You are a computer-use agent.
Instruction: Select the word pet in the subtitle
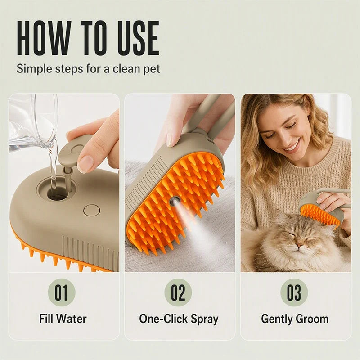[x=152, y=69]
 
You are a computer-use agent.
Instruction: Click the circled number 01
[x=62, y=292]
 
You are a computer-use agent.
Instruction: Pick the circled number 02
[x=178, y=292]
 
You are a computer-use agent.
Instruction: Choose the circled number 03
[x=294, y=292]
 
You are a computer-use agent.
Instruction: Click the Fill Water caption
[x=63, y=319]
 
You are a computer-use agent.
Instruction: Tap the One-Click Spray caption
[x=179, y=319]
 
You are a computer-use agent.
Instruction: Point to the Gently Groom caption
[x=295, y=319]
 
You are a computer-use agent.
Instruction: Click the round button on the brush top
[x=91, y=210]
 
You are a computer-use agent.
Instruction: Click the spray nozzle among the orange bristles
[x=174, y=201]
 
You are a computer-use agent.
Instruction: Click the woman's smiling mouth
[x=292, y=148]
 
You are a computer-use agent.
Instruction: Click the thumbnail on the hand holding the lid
[x=85, y=164]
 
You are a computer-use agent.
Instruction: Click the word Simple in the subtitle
[x=35, y=69]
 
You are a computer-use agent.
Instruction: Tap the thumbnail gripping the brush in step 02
[x=170, y=140]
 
